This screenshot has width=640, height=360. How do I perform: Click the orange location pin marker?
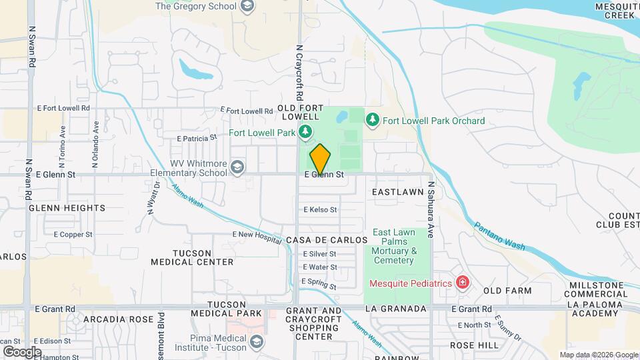[x=320, y=159]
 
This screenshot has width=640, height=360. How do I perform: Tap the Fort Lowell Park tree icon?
[x=305, y=132]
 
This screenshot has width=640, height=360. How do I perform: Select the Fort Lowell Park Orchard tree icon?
[x=373, y=120]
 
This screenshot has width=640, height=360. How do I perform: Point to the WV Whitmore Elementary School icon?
[x=238, y=166]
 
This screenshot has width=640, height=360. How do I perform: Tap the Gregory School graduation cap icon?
[x=247, y=7]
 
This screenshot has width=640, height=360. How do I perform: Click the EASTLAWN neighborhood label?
[x=398, y=192]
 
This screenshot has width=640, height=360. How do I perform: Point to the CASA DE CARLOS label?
[x=327, y=239]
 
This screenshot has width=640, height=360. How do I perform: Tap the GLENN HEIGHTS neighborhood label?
[x=67, y=208]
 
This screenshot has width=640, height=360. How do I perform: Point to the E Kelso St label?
[x=321, y=209]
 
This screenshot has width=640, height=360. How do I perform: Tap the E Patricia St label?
[x=197, y=138]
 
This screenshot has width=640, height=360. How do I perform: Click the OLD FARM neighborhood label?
[x=507, y=291]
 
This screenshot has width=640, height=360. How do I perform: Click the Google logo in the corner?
[x=22, y=351]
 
